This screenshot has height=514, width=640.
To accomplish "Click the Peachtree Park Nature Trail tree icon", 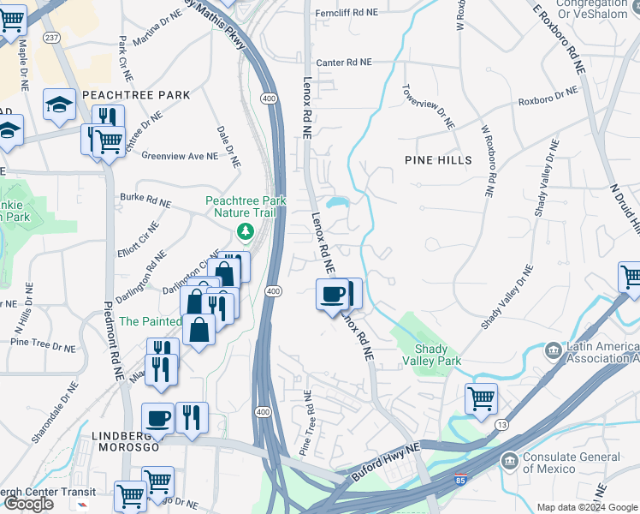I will (x=246, y=231).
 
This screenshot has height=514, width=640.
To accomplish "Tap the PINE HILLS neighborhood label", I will (x=437, y=160).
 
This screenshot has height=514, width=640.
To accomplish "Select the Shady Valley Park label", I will (x=438, y=355).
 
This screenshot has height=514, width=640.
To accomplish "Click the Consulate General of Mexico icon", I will (x=511, y=463).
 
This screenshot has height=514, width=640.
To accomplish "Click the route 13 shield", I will (x=501, y=426).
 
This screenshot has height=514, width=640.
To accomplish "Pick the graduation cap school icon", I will (x=59, y=105).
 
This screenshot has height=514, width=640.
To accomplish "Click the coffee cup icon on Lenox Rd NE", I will (x=333, y=295).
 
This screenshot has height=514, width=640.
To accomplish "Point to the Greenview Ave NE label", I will (x=180, y=156).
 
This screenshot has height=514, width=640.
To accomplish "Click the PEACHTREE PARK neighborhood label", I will (x=123, y=94).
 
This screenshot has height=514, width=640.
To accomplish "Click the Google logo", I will (x=27, y=504).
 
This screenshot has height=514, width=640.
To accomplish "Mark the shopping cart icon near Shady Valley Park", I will (x=481, y=398).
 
